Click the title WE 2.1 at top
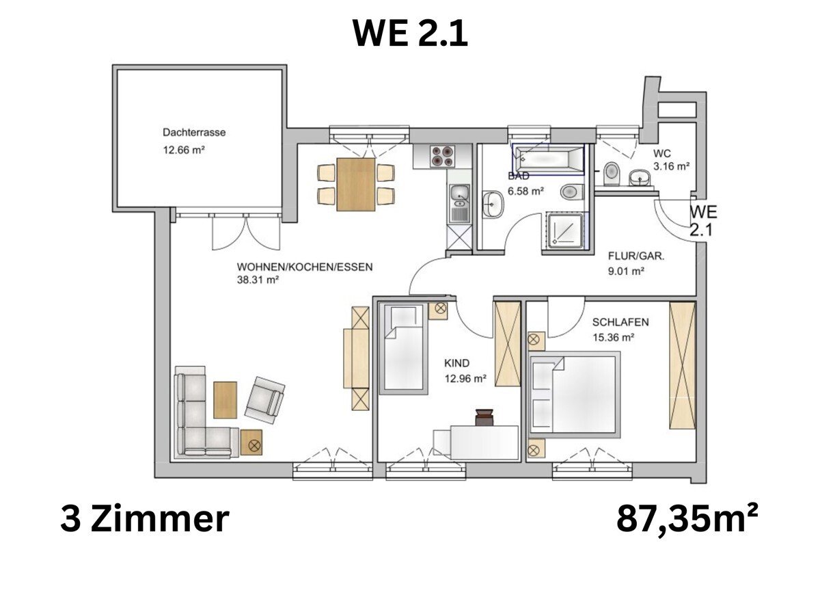(410, 34)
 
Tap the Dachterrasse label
(193, 132)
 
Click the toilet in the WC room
(611, 174)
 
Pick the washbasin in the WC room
(640, 178)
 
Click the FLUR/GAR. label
(636, 258)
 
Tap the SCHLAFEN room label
(620, 322)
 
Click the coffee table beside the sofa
(225, 399)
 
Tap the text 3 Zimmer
(144, 519)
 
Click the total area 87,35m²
(687, 519)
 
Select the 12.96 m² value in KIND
(465, 377)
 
